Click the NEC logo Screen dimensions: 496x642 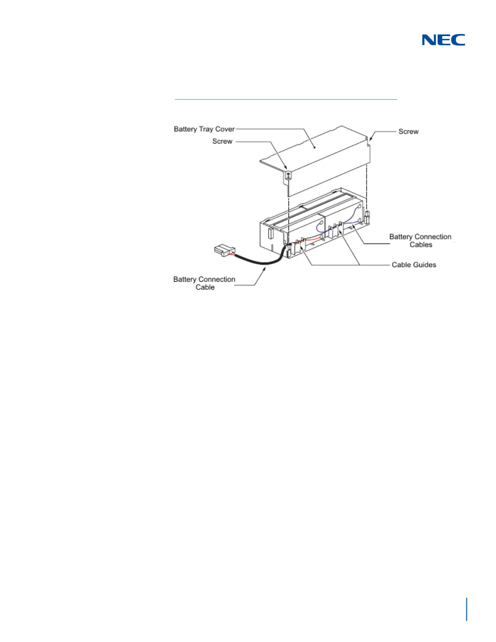(x=443, y=40)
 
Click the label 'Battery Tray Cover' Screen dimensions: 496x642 (x=204, y=129)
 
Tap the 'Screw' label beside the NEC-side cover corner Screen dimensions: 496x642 (x=408, y=131)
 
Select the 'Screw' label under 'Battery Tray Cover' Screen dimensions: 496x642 (x=222, y=141)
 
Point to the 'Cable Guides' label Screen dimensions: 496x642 (x=414, y=265)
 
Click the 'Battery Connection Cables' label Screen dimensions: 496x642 (x=420, y=240)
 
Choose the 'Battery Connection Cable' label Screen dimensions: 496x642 (x=204, y=283)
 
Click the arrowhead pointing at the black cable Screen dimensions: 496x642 (x=265, y=269)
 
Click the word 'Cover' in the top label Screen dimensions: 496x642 (x=225, y=129)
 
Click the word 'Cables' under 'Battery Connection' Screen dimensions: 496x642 (x=421, y=244)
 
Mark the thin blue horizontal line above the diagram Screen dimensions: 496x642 (x=286, y=99)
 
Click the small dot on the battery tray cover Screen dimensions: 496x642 (x=315, y=148)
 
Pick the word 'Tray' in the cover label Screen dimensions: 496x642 (x=206, y=129)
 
